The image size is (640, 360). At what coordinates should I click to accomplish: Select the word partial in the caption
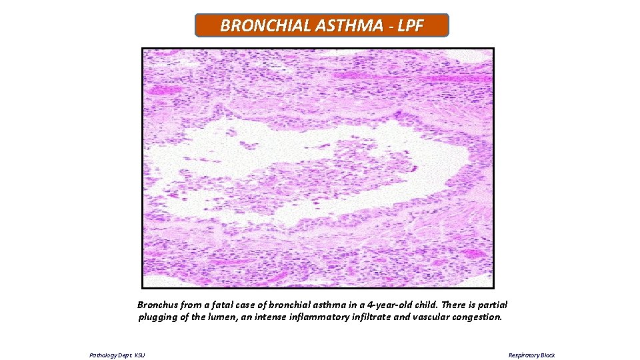coord(490,305)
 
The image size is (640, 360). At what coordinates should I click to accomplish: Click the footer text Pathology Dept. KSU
coord(117,355)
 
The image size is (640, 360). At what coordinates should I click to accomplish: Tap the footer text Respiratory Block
coord(531,355)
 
